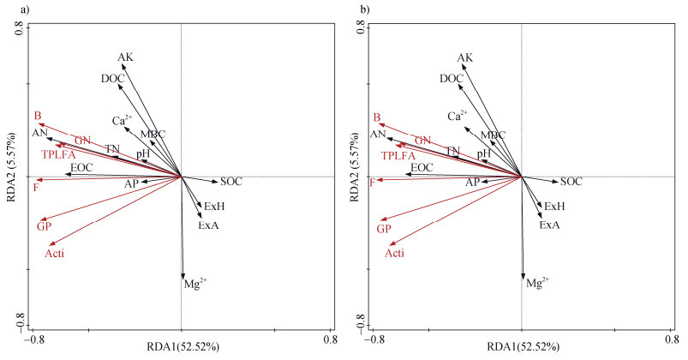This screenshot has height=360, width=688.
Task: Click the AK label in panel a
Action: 125,58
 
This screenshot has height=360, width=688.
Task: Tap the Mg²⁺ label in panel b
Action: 536,281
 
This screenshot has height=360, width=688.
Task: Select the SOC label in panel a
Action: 231,182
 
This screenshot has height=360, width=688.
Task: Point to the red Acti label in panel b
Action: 394,253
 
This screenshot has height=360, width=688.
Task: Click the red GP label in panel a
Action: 45,227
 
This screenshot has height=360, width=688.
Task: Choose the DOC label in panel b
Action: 452,79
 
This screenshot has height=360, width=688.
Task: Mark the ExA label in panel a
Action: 209,225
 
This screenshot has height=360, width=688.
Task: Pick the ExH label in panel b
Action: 554,207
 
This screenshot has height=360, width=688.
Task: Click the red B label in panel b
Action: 377,117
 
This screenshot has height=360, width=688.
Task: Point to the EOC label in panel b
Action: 422,167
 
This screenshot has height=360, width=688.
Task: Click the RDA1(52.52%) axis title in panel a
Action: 182,347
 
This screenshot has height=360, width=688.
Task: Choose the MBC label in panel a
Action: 153,135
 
